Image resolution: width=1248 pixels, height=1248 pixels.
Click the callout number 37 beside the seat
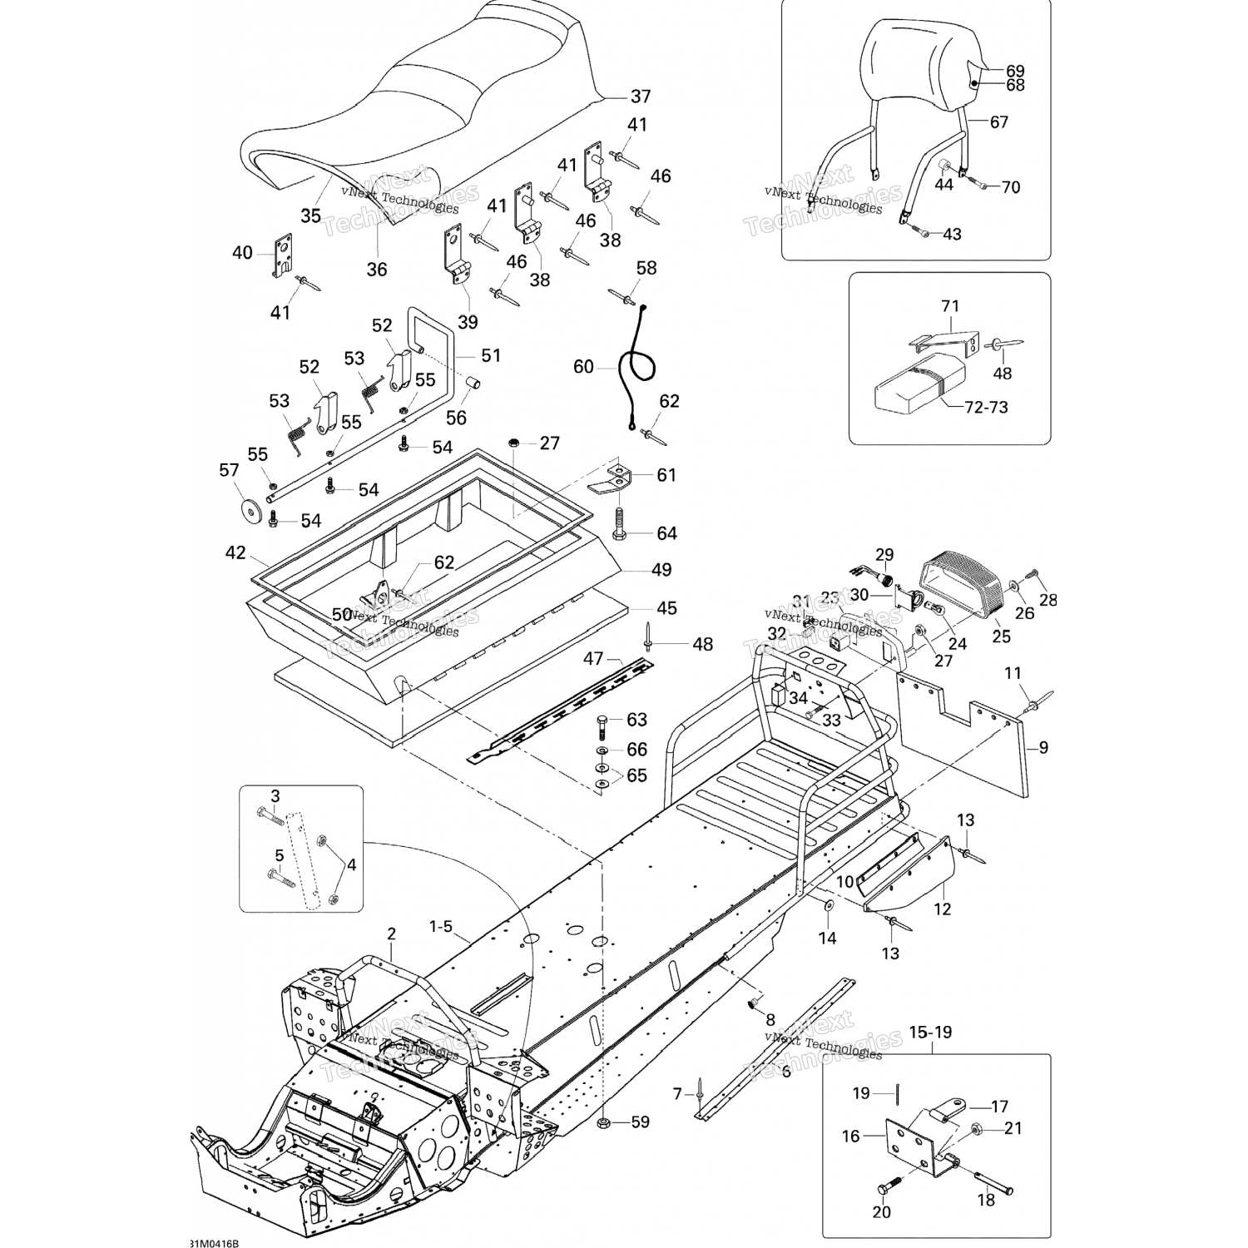pyautogui.click(x=640, y=97)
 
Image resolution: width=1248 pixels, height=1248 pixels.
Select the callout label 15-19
pyautogui.click(x=931, y=1032)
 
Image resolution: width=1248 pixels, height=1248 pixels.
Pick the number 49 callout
pyautogui.click(x=661, y=570)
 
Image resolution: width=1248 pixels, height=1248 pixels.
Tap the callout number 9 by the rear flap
pyautogui.click(x=1043, y=747)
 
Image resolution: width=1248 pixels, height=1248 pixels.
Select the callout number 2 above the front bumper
pyautogui.click(x=391, y=934)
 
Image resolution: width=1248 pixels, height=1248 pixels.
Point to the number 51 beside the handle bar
pyautogui.click(x=491, y=355)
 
